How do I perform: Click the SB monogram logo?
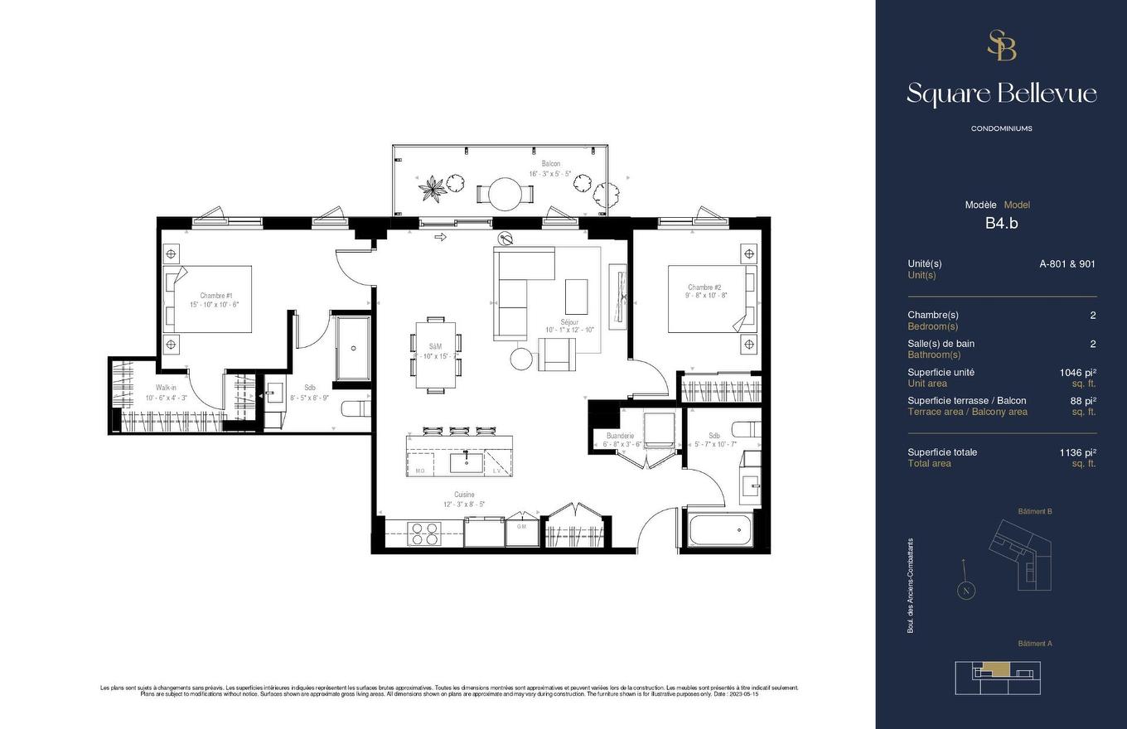coord(1001,46)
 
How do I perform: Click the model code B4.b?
coord(1001,223)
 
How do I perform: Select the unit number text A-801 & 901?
coord(1067,264)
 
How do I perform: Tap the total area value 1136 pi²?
coord(1077,452)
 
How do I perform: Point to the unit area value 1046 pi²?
coord(1077,373)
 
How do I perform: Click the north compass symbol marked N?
coord(965,591)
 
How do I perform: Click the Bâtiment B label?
coord(1034,512)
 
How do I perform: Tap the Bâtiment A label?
coord(1034,644)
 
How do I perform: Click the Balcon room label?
coord(551,164)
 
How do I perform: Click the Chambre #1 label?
coord(215,296)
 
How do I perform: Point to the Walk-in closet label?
coord(165,388)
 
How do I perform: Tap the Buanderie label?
coord(620,436)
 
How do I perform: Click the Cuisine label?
coord(464,495)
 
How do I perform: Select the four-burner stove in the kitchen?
coord(424,533)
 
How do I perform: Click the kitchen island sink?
coord(467,461)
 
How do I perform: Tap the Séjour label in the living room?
coord(569,321)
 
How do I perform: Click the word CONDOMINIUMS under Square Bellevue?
coord(1001,128)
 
